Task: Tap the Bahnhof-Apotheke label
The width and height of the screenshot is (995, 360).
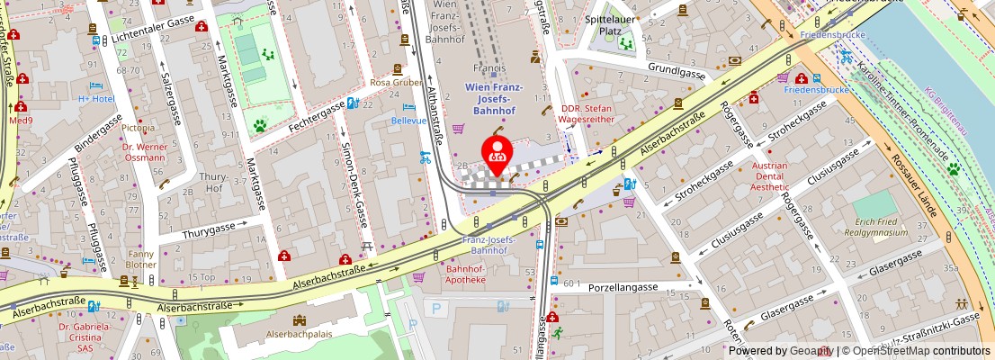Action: point(466,274)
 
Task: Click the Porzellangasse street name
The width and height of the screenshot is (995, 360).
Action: point(623,288)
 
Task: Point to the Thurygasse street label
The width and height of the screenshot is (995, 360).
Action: point(209,232)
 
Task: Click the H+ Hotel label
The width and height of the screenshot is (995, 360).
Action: point(96,98)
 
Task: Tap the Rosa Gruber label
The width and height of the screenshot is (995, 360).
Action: point(396,82)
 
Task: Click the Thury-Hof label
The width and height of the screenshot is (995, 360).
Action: point(213,182)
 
